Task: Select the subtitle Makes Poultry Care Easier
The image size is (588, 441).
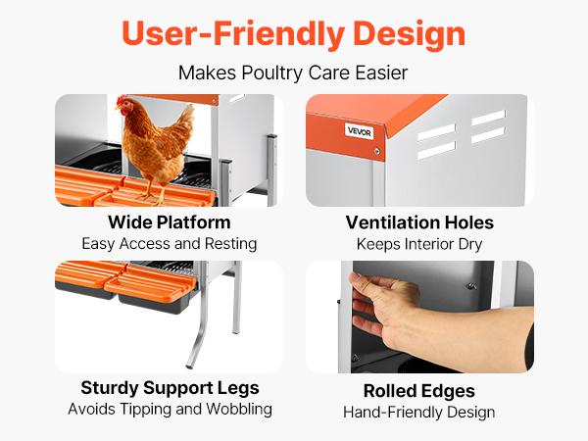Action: pos(293,73)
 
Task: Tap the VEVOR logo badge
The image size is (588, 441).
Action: pos(359,130)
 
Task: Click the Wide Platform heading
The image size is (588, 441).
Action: pos(170,222)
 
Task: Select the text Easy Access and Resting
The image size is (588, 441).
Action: pos(170,243)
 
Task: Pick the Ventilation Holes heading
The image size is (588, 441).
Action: pos(419,222)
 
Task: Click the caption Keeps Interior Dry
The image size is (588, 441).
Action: pos(419,243)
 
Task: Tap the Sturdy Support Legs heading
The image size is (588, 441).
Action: pos(170,387)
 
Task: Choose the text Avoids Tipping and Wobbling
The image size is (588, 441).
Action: pos(170,409)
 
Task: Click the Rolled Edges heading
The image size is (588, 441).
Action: pos(419,391)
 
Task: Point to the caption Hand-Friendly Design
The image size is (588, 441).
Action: pos(419,412)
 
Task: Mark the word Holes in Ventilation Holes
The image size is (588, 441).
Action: pos(469,222)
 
